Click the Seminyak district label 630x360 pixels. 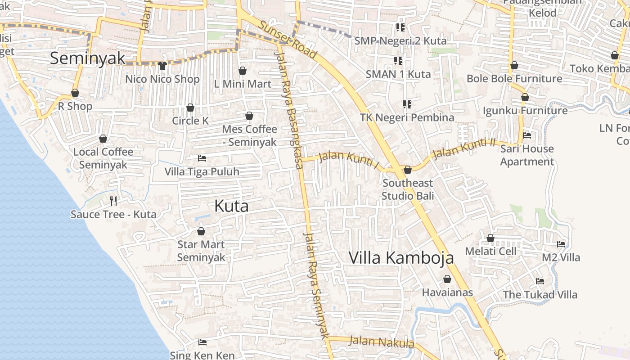tap(88, 58)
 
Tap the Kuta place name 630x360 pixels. tap(231, 206)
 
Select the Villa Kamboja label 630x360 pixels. tap(401, 257)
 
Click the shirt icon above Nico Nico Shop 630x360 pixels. tap(162, 66)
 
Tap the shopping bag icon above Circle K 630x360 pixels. tap(190, 108)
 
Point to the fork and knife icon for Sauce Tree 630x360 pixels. tap(113, 201)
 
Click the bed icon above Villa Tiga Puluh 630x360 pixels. tap(202, 158)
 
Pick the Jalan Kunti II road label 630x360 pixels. tap(463, 149)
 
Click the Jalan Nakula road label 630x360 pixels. tap(382, 342)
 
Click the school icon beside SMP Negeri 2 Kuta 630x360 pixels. tap(400, 27)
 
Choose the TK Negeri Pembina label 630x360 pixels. tap(407, 117)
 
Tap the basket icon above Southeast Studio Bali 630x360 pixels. tap(408, 170)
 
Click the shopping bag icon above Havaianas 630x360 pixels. tap(447, 279)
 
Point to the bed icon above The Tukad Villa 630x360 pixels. tap(540, 282)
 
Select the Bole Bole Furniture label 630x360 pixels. tap(514, 79)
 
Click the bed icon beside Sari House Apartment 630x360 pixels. tap(527, 135)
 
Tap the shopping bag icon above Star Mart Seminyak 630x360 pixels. tap(201, 231)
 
